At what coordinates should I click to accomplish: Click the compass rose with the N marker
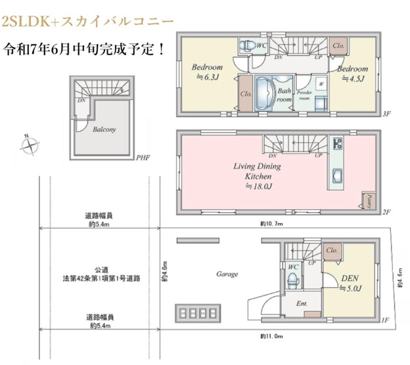[30, 145]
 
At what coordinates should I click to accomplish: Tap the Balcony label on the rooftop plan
[104, 130]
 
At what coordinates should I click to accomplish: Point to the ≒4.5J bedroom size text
[352, 79]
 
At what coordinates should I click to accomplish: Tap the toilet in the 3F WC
[248, 45]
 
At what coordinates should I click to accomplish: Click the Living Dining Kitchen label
[257, 172]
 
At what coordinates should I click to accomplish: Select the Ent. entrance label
[302, 303]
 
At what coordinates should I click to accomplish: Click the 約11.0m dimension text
[271, 335]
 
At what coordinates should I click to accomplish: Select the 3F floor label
[386, 114]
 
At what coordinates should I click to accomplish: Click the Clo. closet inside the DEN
[331, 250]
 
